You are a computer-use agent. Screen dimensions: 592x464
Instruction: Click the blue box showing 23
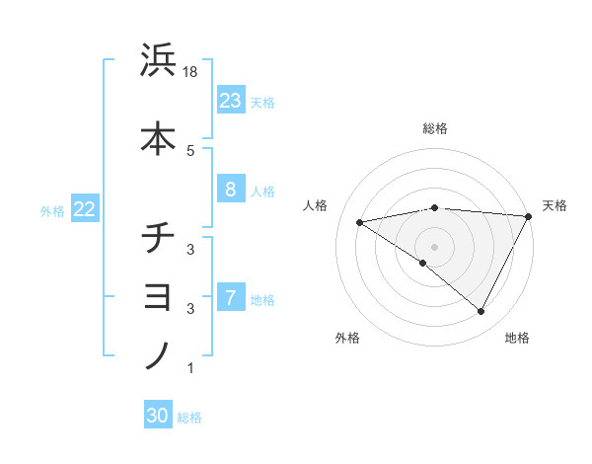(231, 101)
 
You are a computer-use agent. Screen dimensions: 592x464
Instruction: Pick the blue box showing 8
(231, 190)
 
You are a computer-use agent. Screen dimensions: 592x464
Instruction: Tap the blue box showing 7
(231, 298)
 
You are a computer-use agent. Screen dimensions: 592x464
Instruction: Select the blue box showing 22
(85, 209)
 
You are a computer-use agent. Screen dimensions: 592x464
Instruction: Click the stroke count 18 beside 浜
(192, 71)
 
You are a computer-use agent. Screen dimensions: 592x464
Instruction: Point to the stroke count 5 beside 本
(189, 150)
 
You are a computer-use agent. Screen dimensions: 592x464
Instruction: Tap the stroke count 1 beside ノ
(189, 368)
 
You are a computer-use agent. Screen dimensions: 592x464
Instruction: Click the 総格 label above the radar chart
(435, 128)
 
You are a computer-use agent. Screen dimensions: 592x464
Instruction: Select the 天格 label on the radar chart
(555, 205)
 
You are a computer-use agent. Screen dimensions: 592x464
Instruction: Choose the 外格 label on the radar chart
(346, 339)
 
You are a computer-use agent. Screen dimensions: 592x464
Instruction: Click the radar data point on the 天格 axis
(529, 216)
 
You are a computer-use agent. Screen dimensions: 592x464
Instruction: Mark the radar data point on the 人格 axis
(360, 222)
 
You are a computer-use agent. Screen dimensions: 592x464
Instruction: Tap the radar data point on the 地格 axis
(481, 312)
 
